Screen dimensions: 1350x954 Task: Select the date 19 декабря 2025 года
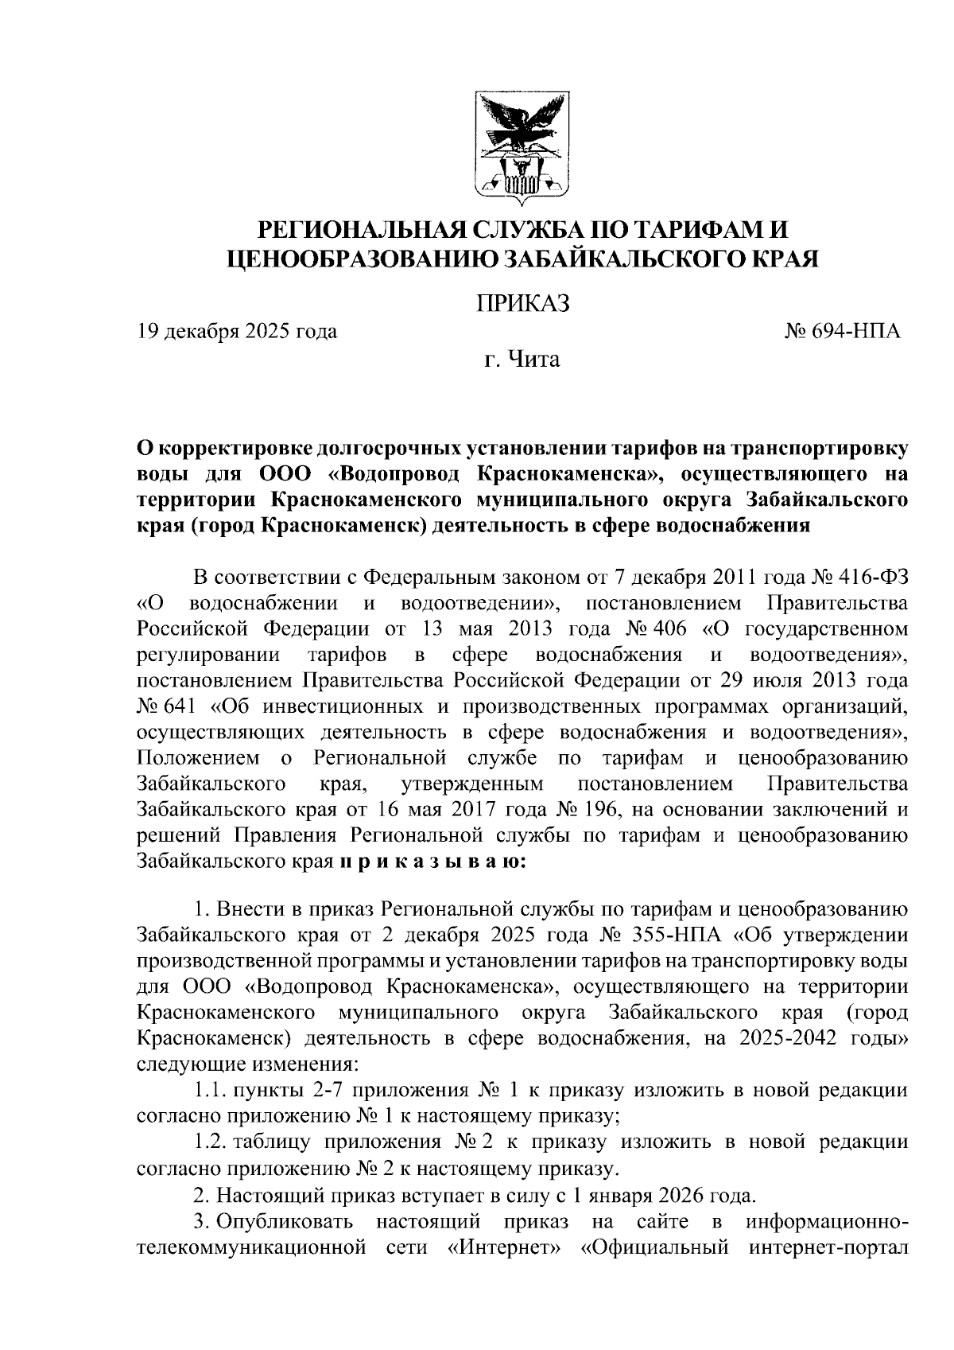coord(236,331)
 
